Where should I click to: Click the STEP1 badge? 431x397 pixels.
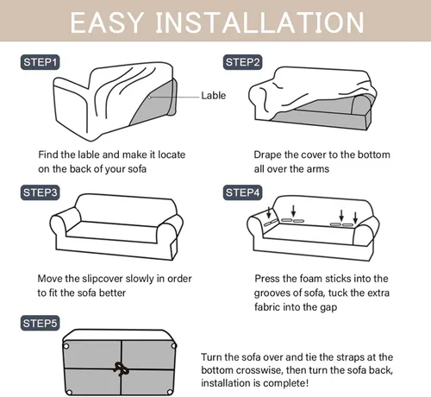pyautogui.click(x=40, y=62)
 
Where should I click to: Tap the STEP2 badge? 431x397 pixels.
pyautogui.click(x=242, y=62)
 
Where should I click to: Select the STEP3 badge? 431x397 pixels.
pyautogui.click(x=40, y=192)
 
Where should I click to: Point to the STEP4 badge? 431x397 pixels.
pyautogui.click(x=242, y=192)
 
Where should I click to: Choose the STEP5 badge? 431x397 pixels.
pyautogui.click(x=40, y=323)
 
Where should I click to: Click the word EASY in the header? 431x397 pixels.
pyautogui.click(x=107, y=22)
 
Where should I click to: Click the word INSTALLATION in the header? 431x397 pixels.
pyautogui.click(x=260, y=22)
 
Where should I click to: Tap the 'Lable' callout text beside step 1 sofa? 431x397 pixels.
pyautogui.click(x=213, y=96)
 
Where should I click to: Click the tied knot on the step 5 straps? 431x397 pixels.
pyautogui.click(x=122, y=369)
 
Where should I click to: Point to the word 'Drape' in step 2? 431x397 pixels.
pyautogui.click(x=267, y=155)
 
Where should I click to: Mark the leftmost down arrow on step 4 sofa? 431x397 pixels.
pyautogui.click(x=269, y=212)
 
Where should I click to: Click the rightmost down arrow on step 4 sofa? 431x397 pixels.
pyautogui.click(x=355, y=217)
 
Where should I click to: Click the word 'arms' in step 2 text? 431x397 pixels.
pyautogui.click(x=318, y=169)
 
